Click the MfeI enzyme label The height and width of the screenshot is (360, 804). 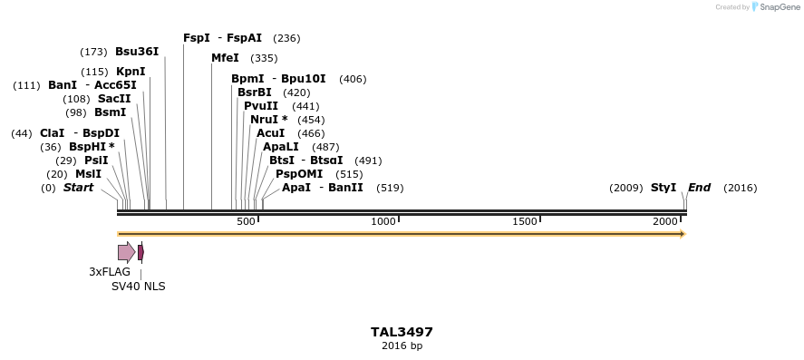pyautogui.click(x=225, y=58)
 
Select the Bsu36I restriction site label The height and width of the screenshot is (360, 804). pyautogui.click(x=137, y=52)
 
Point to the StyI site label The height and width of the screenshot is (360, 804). pyautogui.click(x=664, y=188)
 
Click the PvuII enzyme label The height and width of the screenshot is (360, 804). pyautogui.click(x=261, y=106)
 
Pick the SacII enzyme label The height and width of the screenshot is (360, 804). pyautogui.click(x=114, y=99)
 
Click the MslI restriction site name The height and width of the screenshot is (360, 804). pyautogui.click(x=88, y=174)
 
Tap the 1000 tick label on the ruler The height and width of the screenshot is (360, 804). pyautogui.click(x=384, y=222)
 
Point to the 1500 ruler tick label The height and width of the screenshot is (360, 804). pyautogui.click(x=525, y=222)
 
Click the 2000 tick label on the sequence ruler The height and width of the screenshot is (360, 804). pyautogui.click(x=665, y=222)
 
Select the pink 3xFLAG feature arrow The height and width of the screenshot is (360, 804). pyautogui.click(x=126, y=252)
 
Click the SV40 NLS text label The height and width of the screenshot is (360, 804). pyautogui.click(x=138, y=287)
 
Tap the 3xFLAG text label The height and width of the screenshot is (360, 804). pyautogui.click(x=110, y=272)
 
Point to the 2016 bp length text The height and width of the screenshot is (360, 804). pyautogui.click(x=402, y=346)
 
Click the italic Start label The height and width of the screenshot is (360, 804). pyautogui.click(x=78, y=188)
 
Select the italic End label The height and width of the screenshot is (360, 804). pyautogui.click(x=699, y=188)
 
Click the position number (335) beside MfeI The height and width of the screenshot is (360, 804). pyautogui.click(x=264, y=58)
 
